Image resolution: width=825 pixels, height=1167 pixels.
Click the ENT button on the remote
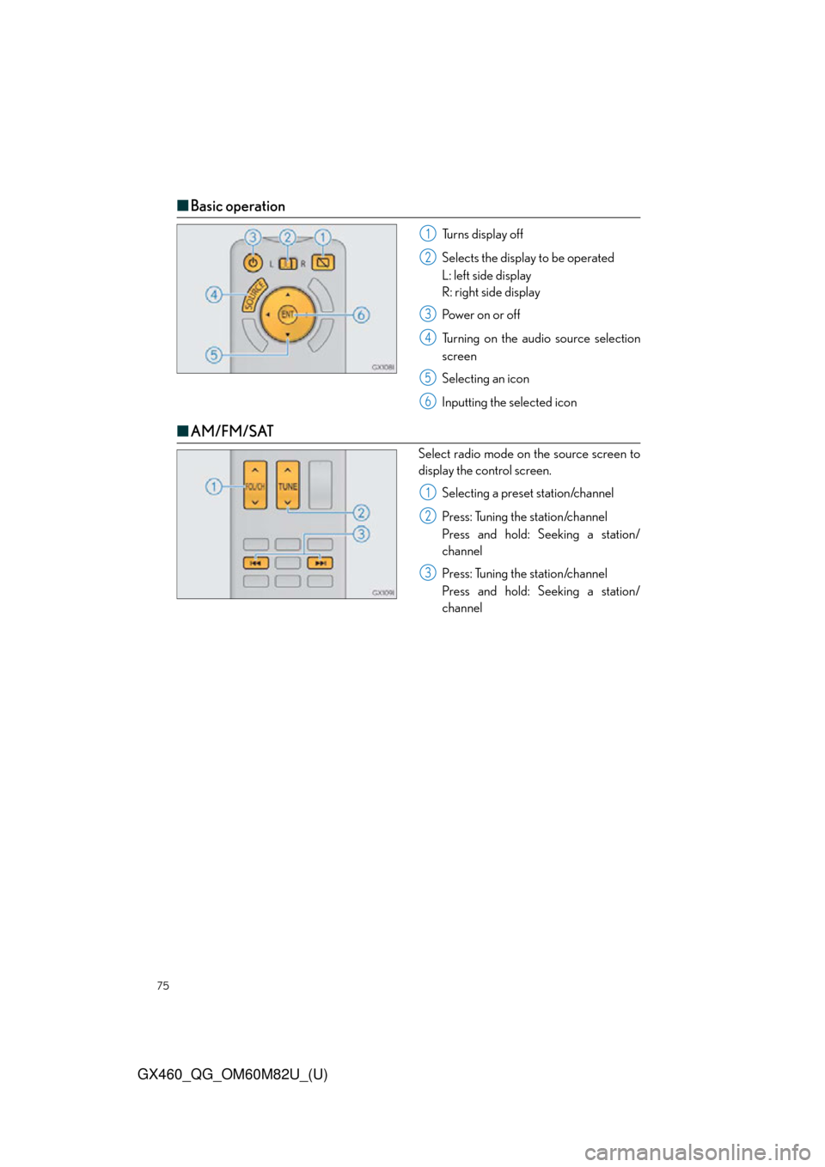(288, 315)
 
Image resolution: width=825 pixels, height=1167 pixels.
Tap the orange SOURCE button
(254, 295)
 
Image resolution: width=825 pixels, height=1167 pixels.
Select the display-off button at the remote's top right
(323, 263)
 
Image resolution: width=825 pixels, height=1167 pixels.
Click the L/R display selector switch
(287, 264)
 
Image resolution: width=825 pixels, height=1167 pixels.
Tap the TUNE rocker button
(288, 485)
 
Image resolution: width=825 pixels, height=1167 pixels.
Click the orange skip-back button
(255, 563)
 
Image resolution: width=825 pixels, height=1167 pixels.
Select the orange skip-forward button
(320, 563)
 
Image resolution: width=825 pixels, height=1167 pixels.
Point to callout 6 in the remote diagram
(361, 315)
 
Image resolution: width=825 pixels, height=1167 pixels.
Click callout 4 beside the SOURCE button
(213, 295)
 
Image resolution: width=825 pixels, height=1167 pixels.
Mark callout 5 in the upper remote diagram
(213, 355)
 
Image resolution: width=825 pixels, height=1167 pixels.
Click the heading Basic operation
(237, 206)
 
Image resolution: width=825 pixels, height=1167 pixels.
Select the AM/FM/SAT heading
(232, 431)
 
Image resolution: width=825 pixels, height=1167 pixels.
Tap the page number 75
(163, 986)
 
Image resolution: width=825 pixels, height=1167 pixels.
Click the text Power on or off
(480, 315)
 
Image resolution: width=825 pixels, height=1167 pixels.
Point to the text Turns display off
(482, 235)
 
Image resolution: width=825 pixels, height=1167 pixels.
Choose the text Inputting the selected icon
(509, 402)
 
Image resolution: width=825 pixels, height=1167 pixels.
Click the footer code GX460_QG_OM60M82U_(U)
(233, 1075)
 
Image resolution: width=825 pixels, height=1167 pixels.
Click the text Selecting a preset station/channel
(528, 493)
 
